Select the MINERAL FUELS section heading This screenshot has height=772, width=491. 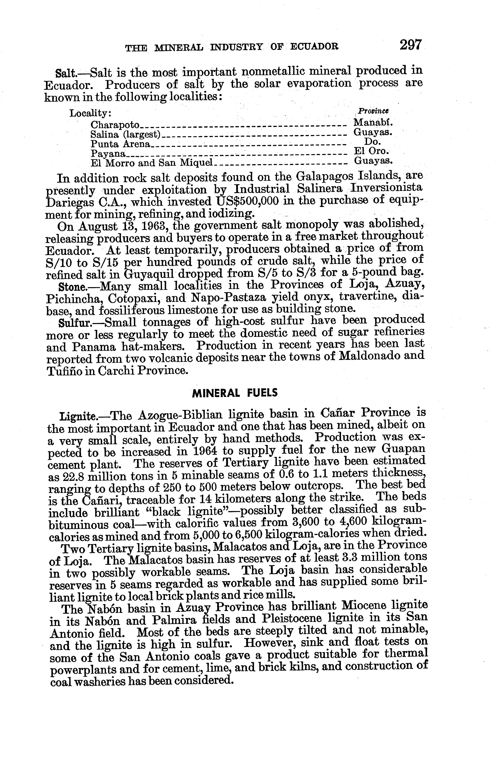point(235,393)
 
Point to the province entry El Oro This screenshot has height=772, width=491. point(372,151)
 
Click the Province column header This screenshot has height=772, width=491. point(373,111)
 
